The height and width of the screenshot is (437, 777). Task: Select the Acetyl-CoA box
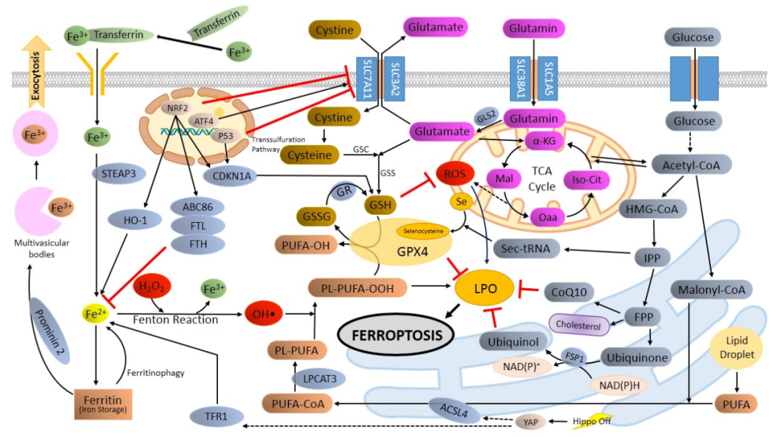tap(691, 165)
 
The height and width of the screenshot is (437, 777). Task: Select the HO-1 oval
tap(130, 221)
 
